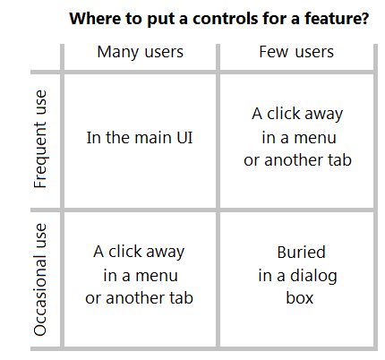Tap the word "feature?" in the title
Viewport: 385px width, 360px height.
pyautogui.click(x=337, y=19)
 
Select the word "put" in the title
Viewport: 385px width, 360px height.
pyautogui.click(x=158, y=20)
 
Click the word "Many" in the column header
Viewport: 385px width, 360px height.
pyautogui.click(x=118, y=53)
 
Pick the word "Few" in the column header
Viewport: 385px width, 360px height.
pyautogui.click(x=274, y=52)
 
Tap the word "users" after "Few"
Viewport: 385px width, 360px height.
pyautogui.click(x=314, y=53)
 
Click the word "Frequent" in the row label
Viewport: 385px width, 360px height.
pyautogui.click(x=40, y=155)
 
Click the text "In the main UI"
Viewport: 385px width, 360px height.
pyautogui.click(x=140, y=138)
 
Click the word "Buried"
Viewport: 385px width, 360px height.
pyautogui.click(x=301, y=253)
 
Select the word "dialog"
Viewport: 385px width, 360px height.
pyautogui.click(x=313, y=276)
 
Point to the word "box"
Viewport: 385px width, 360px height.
pyautogui.click(x=300, y=298)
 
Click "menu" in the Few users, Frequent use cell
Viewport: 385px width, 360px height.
pyautogui.click(x=315, y=138)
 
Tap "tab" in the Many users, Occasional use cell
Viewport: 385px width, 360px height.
pyautogui.click(x=182, y=298)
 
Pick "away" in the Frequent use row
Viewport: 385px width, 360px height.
pyautogui.click(x=324, y=115)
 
